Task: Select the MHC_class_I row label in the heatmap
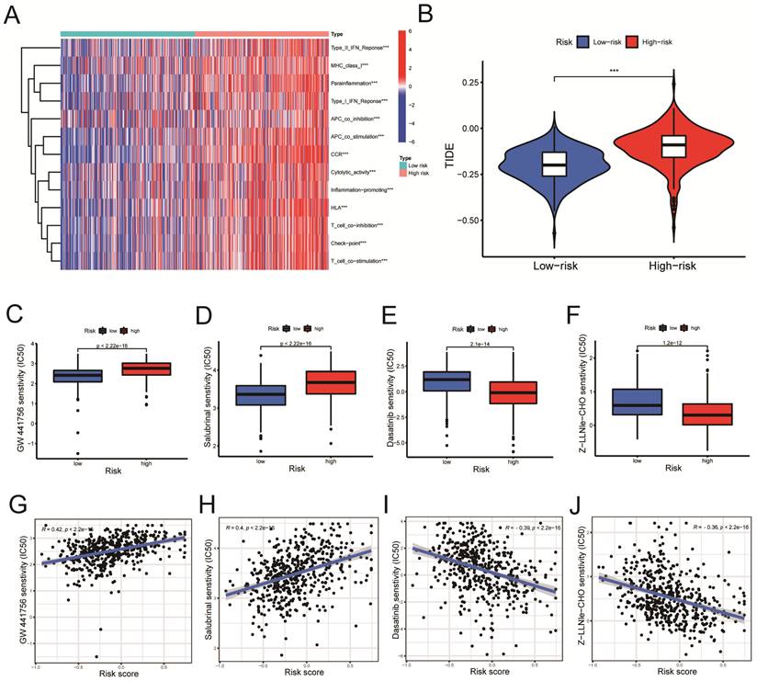coord(349,66)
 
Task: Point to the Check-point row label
coord(350,244)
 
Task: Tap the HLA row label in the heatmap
coord(339,208)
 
